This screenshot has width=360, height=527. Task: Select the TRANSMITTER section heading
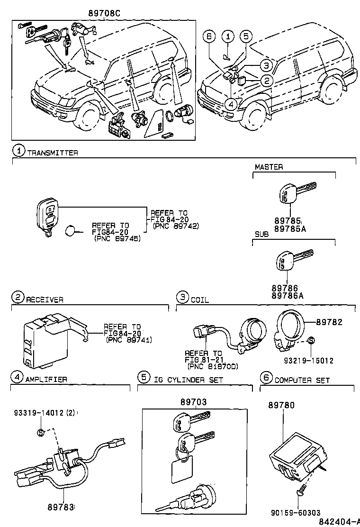(x=52, y=153)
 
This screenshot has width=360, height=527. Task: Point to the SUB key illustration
(x=293, y=261)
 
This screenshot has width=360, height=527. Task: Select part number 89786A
(x=287, y=296)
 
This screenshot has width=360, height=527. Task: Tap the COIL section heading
(x=199, y=300)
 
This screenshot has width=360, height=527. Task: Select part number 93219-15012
(x=308, y=360)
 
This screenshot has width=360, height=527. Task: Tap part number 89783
(x=60, y=507)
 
